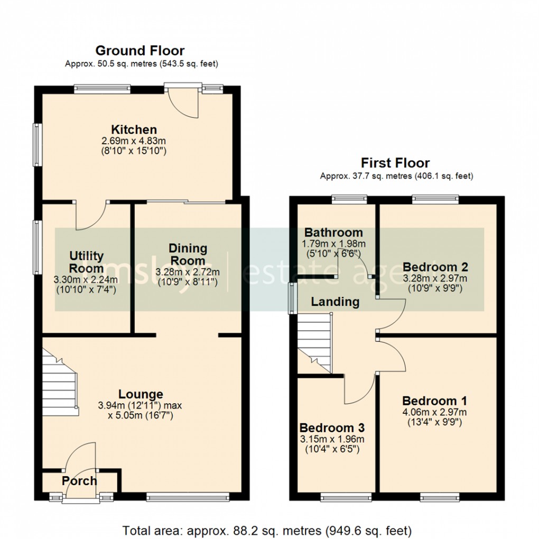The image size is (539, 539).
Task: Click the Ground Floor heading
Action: point(140,51)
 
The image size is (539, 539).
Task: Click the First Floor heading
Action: point(395,163)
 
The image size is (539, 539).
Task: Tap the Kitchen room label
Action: point(134,129)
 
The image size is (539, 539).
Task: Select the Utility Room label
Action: point(87,262)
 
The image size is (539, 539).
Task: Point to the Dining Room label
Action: point(188,254)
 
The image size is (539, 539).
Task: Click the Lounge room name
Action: point(141,394)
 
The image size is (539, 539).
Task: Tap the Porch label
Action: point(79,481)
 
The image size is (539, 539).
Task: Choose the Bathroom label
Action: point(333,233)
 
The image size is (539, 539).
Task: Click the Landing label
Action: point(335,302)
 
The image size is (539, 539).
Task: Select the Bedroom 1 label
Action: point(434,401)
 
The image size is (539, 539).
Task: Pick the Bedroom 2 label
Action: point(435,266)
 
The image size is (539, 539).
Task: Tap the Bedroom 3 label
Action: point(332,428)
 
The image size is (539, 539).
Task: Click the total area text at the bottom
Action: point(267,529)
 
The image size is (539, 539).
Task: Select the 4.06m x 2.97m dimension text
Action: point(434,412)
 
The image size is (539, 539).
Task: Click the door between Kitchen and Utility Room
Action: point(91,216)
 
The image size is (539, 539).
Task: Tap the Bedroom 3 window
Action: point(347,497)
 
